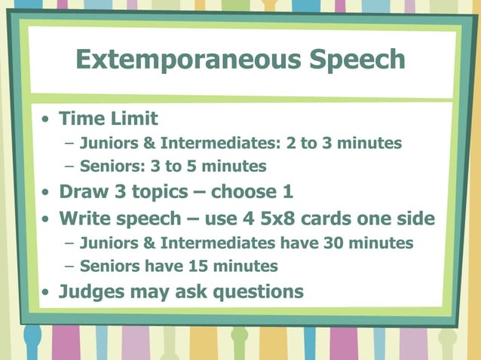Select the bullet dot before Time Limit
pos(47,120)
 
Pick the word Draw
pos(83,191)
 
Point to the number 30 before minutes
pos(334,243)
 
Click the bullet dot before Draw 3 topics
pos(47,193)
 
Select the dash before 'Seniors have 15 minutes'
pos(70,267)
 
